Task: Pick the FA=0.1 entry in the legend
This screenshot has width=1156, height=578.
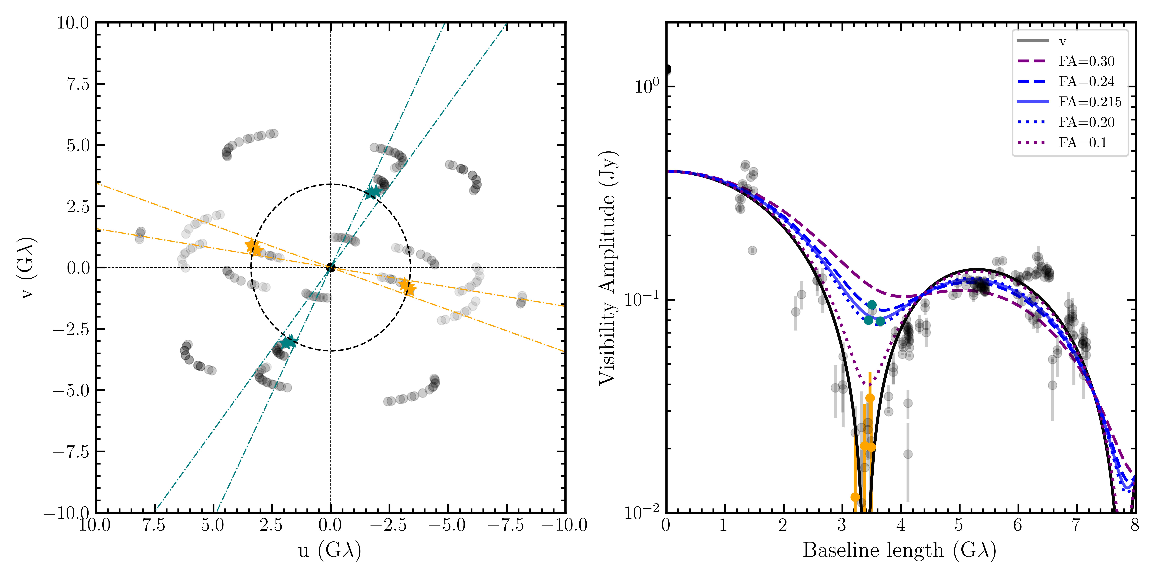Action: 1082,143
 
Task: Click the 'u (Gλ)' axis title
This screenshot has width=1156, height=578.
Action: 330,550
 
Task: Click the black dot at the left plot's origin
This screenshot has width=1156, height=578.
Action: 331,267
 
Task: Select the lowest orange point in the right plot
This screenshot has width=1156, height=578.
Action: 855,497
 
